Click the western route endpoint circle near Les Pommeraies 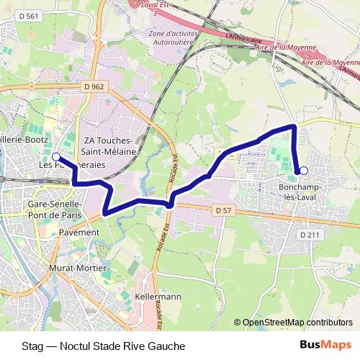tap(56, 156)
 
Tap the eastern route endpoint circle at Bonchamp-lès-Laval tap(304, 171)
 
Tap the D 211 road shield tap(309, 235)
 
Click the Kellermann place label tap(158, 297)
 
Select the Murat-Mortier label tap(75, 268)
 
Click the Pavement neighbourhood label tap(79, 233)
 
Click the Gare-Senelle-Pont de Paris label tap(57, 210)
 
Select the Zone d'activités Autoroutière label tap(173, 37)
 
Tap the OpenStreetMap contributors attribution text tap(297, 323)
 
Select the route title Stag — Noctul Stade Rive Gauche tap(104, 346)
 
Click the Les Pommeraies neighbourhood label tap(71, 164)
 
